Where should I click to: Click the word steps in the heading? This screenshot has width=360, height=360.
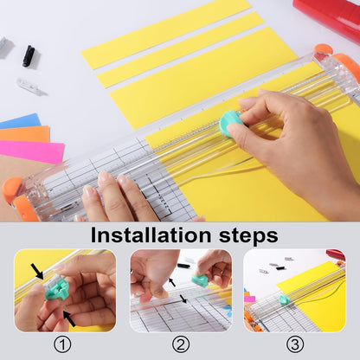pyautogui.click(x=244, y=235)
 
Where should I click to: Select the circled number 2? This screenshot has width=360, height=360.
pyautogui.click(x=181, y=345)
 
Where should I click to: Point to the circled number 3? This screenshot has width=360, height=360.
pyautogui.click(x=294, y=345)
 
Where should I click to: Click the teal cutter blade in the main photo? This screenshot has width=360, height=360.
pyautogui.click(x=230, y=122)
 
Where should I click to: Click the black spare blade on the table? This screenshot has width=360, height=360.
pyautogui.click(x=29, y=55)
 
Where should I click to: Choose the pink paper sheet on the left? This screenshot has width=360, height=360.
pyautogui.click(x=30, y=152)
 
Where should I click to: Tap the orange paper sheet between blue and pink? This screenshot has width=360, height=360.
pyautogui.click(x=24, y=134)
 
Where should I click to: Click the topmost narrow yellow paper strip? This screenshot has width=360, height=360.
pyautogui.click(x=164, y=33)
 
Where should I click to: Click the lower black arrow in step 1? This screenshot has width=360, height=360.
pyautogui.click(x=68, y=318)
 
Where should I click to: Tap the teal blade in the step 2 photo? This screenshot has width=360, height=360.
pyautogui.click(x=199, y=280)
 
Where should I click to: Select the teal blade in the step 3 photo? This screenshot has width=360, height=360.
pyautogui.click(x=284, y=300)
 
